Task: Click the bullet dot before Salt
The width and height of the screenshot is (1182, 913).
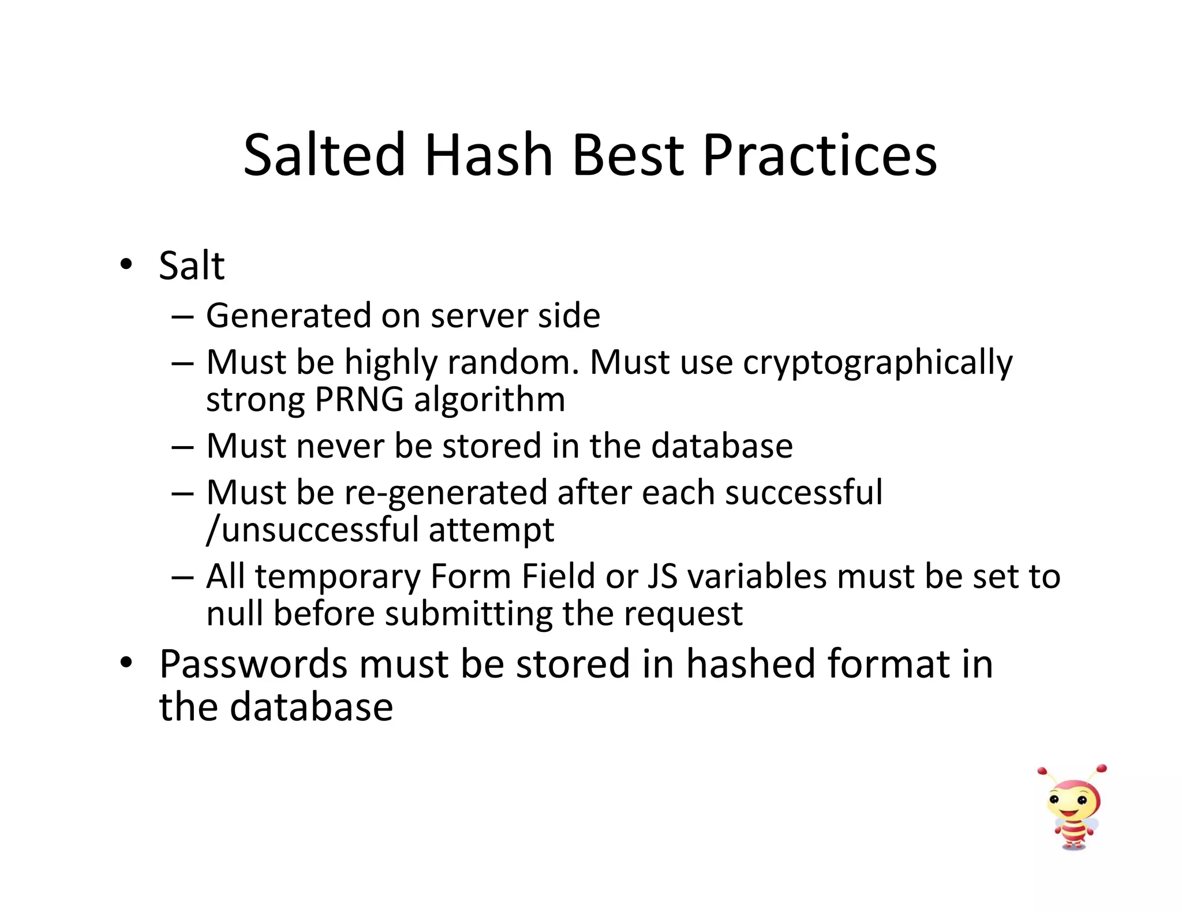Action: coord(126,265)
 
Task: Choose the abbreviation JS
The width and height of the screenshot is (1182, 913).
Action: coord(662,577)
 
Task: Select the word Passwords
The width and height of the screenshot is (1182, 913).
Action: coord(253,664)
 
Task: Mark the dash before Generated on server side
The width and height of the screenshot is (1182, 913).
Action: coord(182,317)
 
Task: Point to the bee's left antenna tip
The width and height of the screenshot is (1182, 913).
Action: coord(1042,770)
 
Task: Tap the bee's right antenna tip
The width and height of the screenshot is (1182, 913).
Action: coord(1102,768)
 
